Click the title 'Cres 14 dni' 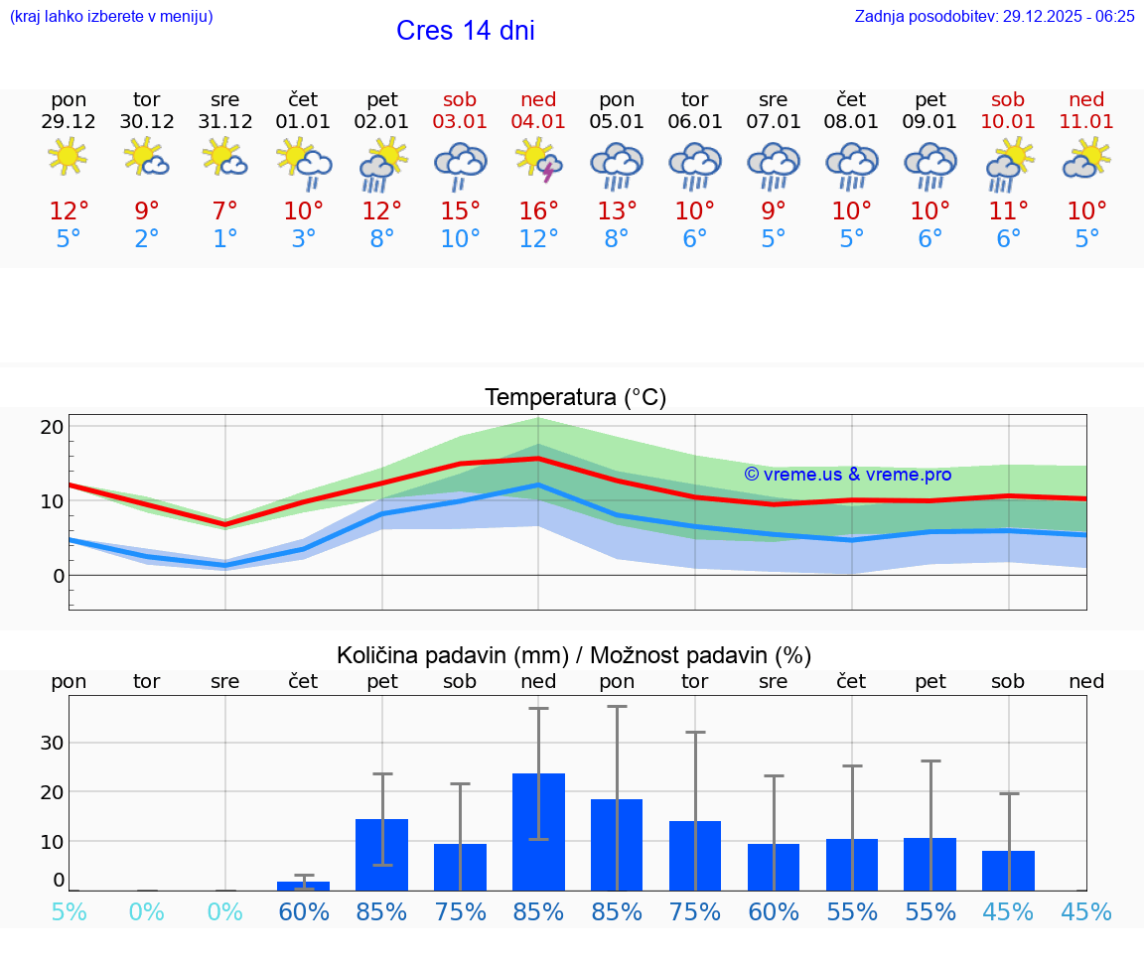[x=465, y=31]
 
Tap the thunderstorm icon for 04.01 [x=538, y=160]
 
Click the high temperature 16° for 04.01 [x=538, y=211]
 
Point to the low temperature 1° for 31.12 [x=225, y=239]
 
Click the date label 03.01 [x=460, y=121]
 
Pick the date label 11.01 [x=1086, y=121]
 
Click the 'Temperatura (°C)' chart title [x=575, y=397]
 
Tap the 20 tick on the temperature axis [x=52, y=427]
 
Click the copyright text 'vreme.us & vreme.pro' [x=847, y=475]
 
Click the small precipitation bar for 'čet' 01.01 [x=303, y=886]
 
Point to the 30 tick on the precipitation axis [x=52, y=743]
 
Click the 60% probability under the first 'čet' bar [x=303, y=911]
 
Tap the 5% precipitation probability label [x=69, y=911]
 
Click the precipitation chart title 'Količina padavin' [x=574, y=655]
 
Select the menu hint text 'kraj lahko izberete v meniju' [x=111, y=16]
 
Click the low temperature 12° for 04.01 [x=538, y=239]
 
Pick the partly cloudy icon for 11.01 [x=1086, y=159]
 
